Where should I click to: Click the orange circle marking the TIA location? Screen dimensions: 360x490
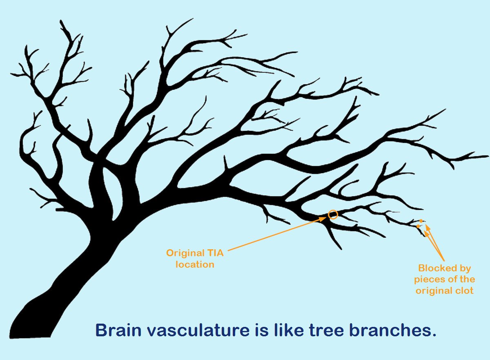click(x=333, y=214)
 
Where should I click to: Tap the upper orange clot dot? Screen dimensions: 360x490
click(x=421, y=221)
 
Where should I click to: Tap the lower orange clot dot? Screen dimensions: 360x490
click(x=418, y=226)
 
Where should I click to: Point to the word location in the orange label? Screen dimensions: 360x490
click(x=195, y=264)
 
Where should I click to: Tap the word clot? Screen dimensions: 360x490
click(x=463, y=291)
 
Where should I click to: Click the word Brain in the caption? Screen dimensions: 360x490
click(x=116, y=330)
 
